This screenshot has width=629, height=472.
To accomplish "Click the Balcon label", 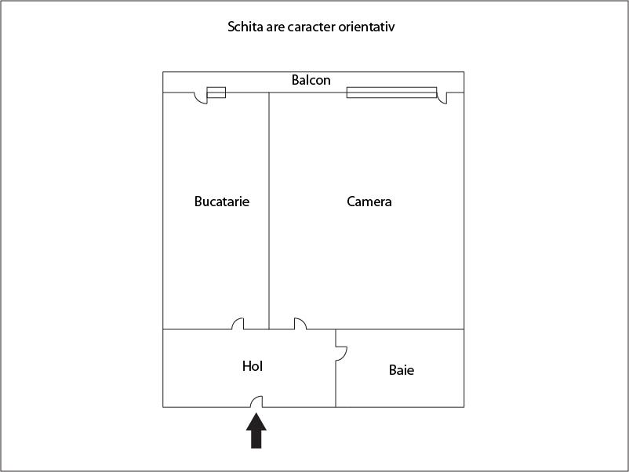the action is point(311,80).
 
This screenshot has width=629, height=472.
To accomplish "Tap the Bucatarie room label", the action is point(222,202).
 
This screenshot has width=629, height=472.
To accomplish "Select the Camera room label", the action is point(369,202).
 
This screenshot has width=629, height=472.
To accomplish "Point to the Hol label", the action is point(253,365).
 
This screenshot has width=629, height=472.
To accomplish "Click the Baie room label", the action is point(401,370).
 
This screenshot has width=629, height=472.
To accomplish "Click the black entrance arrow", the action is point(256,430).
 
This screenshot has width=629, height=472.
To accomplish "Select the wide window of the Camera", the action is point(391,93).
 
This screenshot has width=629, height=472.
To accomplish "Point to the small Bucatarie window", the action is point(216,93).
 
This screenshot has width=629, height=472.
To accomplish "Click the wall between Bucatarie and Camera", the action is point(269,211).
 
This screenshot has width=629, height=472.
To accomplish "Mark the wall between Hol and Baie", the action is point(336,369).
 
